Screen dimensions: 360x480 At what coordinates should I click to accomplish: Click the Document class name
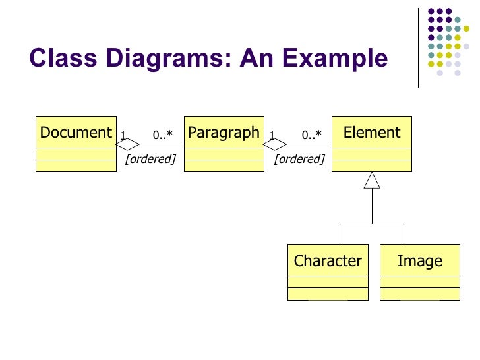point(76,133)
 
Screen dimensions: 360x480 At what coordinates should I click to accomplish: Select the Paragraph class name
point(224,133)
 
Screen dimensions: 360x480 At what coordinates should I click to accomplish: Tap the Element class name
point(372,133)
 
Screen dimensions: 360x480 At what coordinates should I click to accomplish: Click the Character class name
point(328,261)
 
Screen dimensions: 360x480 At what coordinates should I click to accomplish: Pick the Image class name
point(419,261)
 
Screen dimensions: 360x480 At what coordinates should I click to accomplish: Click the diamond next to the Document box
point(128,144)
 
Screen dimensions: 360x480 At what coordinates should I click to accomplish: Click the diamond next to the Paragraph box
point(276,144)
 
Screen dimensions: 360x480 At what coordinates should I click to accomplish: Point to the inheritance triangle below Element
point(373,179)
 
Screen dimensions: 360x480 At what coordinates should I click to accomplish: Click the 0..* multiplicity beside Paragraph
point(162,136)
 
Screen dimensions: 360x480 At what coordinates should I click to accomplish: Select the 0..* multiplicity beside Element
point(312,136)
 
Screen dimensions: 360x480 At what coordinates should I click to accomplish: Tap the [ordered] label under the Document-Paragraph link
point(150,159)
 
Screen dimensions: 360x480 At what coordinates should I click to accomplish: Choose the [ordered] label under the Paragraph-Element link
point(299,159)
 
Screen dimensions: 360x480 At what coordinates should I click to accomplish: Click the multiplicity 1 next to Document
point(123,136)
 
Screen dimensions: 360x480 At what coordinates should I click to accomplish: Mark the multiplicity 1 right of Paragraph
point(271,136)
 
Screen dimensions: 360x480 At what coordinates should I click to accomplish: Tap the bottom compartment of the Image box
point(419,293)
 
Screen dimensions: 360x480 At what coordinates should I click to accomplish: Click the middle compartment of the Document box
point(76,154)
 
